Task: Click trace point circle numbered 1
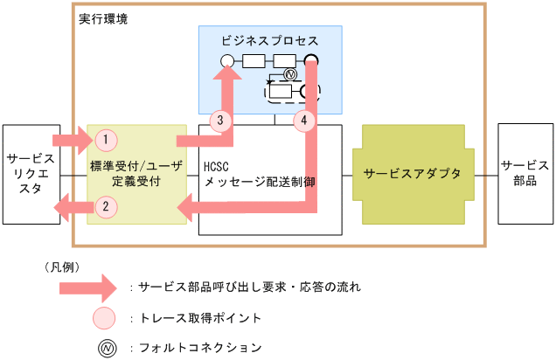105,138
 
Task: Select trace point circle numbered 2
105,207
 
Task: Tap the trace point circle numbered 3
221,119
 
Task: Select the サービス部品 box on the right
525,173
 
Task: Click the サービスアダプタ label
412,173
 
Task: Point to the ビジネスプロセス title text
270,41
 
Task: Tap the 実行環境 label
102,17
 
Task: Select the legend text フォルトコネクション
201,348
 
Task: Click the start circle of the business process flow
226,61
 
